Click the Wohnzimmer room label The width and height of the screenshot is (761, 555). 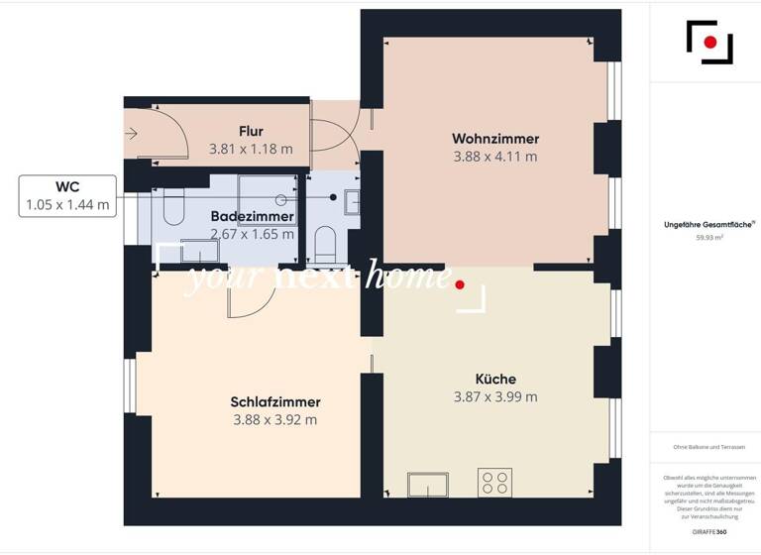[495, 139]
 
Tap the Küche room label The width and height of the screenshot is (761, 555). [495, 379]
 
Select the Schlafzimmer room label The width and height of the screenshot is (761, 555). [275, 401]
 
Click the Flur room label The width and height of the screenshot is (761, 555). [251, 132]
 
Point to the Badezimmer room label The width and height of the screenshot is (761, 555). [252, 216]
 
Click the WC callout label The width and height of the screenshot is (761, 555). [67, 186]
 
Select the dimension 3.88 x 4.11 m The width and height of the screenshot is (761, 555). [495, 157]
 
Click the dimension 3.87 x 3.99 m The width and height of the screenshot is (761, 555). [495, 396]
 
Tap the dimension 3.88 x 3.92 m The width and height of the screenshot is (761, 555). [275, 419]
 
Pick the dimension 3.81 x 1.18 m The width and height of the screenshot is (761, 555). [251, 150]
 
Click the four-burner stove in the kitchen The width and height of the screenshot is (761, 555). [494, 483]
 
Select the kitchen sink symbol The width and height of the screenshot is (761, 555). [430, 485]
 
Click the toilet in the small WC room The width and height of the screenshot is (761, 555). [324, 240]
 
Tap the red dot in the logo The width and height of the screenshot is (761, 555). [709, 42]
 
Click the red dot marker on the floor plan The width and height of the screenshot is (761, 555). [460, 285]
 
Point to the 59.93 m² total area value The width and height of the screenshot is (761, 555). [705, 238]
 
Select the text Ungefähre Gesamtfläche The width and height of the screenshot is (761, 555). [703, 225]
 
